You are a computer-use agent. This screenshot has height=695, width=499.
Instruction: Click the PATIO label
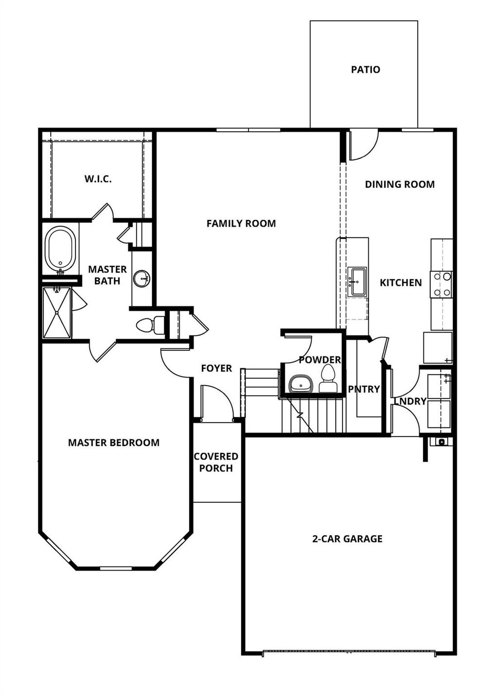(365, 70)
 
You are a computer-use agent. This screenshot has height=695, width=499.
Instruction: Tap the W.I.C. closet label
(98, 179)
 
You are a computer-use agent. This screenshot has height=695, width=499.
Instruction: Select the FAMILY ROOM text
(241, 224)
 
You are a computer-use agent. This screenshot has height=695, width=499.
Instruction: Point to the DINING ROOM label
(400, 184)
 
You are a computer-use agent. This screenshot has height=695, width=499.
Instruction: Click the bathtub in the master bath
(60, 249)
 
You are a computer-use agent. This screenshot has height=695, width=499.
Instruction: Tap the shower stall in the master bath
(57, 312)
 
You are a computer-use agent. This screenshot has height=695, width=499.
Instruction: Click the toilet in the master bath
(151, 325)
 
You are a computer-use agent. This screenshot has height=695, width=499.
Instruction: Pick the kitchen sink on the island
(357, 282)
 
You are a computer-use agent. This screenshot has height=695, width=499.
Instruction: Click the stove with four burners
(441, 284)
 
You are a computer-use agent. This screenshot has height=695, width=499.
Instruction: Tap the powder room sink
(301, 384)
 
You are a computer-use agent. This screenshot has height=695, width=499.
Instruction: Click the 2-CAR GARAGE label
(347, 539)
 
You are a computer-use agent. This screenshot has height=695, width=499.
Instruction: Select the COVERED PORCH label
(216, 463)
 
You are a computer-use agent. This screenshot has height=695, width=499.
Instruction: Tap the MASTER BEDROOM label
(114, 443)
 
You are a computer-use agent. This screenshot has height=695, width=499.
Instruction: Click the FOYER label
(216, 368)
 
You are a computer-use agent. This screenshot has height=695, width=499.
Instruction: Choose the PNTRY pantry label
(364, 389)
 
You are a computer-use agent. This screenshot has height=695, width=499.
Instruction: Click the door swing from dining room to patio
(363, 145)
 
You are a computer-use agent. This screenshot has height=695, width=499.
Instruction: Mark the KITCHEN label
(401, 283)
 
